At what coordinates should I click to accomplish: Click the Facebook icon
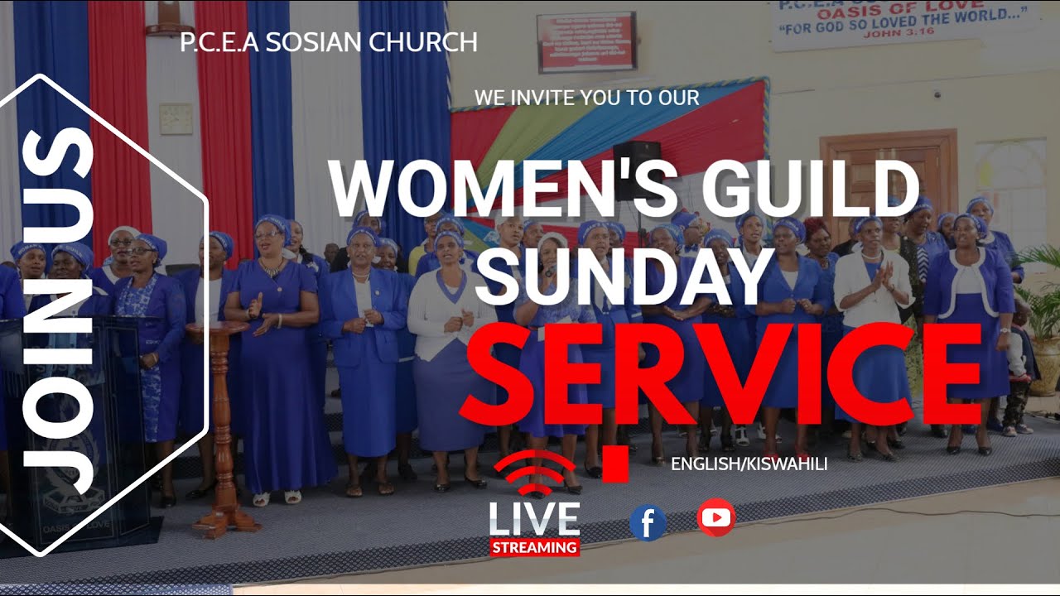[x=648, y=522]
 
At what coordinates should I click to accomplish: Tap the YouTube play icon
[x=715, y=517]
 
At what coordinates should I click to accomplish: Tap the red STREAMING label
[x=535, y=547]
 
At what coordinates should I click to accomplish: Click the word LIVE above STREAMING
[x=534, y=519]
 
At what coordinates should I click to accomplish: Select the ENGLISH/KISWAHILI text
[x=749, y=464]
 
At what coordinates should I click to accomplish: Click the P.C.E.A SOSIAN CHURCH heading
[x=328, y=42]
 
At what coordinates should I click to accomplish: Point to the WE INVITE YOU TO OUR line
[x=586, y=97]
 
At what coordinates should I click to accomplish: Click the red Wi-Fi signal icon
[x=534, y=472]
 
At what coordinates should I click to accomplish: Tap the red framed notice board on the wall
[x=586, y=41]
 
